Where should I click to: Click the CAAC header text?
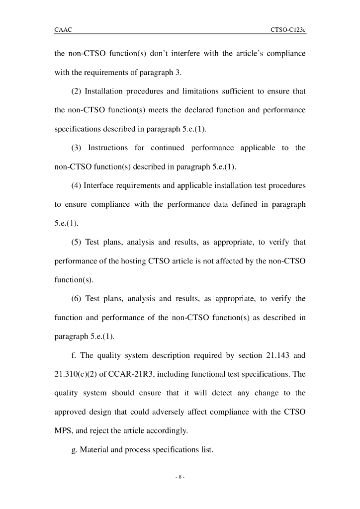tap(63, 30)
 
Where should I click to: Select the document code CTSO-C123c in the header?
tap(288, 30)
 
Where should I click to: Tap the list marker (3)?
tap(77, 148)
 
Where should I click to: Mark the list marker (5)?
tap(77, 243)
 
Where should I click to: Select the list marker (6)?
tap(77, 299)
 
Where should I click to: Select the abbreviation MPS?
tap(63, 431)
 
